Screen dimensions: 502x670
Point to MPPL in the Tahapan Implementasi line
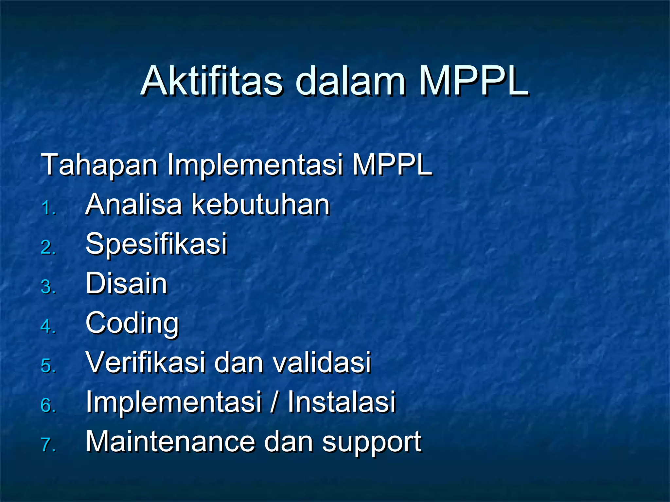[x=392, y=165]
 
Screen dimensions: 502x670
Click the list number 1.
[x=48, y=209]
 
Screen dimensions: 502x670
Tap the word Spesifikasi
[x=156, y=244]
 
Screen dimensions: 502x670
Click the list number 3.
[x=48, y=287]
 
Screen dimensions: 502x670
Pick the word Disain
[x=126, y=283]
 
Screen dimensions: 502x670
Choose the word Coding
[x=132, y=324]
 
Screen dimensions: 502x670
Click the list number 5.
[x=48, y=366]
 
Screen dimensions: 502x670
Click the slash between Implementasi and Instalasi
[x=274, y=402]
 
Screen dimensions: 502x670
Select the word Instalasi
[x=342, y=402]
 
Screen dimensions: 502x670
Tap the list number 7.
[x=48, y=445]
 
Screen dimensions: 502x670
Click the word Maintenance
[x=170, y=442]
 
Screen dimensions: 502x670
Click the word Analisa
[x=133, y=205]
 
